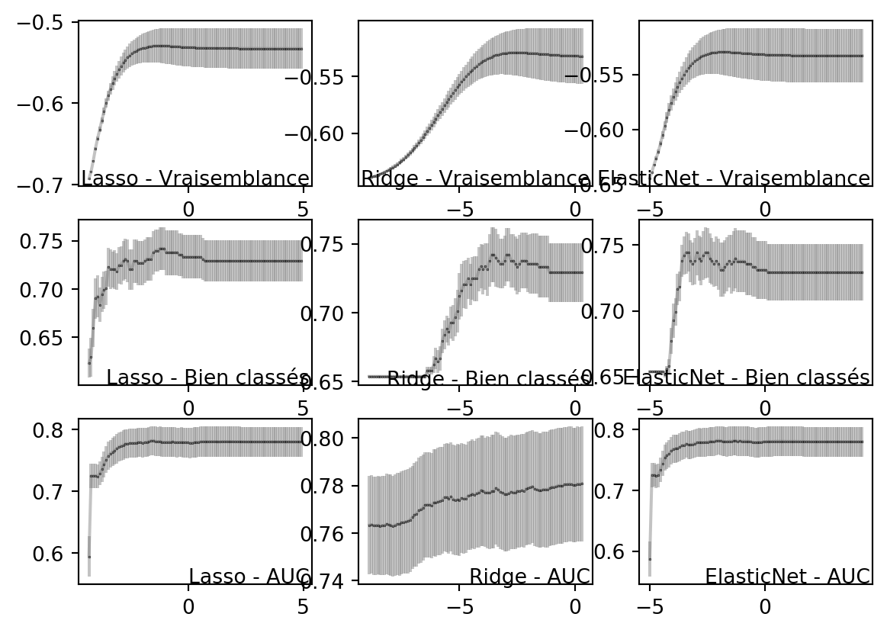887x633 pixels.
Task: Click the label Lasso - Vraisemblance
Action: click(195, 178)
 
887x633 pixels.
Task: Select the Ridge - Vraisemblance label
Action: click(475, 178)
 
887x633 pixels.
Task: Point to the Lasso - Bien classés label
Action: click(207, 378)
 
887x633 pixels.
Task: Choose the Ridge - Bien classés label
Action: click(488, 378)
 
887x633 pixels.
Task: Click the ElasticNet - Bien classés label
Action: click(747, 378)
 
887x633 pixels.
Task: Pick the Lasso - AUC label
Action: click(249, 577)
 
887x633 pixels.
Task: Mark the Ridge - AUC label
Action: click(529, 577)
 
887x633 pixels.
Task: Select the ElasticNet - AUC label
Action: click(787, 577)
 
